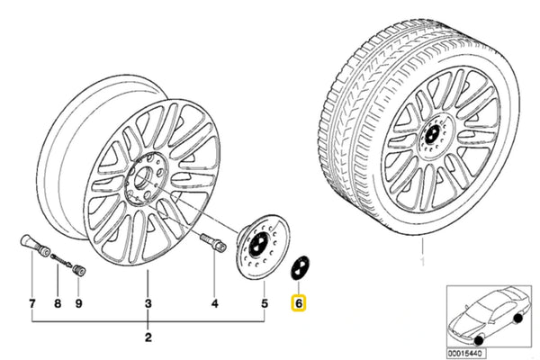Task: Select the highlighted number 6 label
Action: click(298, 305)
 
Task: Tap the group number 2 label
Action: click(148, 338)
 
